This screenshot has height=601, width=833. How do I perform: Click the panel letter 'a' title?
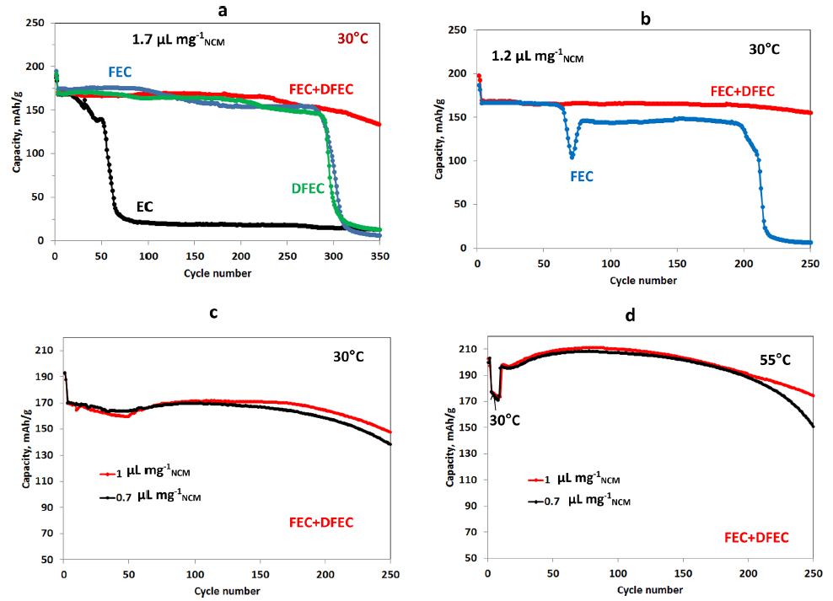[x=222, y=11]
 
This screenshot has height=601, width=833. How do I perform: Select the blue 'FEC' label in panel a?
[x=121, y=72]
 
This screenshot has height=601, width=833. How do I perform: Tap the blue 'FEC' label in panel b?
[x=582, y=176]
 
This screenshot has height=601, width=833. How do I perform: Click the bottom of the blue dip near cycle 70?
[x=572, y=157]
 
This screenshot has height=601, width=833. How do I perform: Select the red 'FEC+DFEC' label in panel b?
[x=742, y=91]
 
